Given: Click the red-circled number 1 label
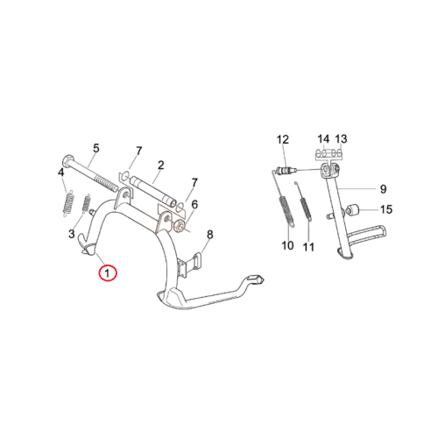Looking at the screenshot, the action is click(x=108, y=273).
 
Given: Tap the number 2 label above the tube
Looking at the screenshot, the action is click(x=161, y=166).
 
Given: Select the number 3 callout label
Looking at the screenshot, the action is click(x=72, y=234).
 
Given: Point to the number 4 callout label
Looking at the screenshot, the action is click(x=60, y=173).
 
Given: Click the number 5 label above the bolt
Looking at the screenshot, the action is click(x=96, y=148).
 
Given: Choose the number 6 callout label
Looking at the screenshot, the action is click(x=194, y=204).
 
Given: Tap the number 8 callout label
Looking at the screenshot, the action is click(x=210, y=234).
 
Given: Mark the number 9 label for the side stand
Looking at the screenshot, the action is click(x=383, y=189).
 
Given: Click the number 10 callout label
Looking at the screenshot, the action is click(x=287, y=245).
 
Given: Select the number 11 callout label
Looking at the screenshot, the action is click(x=308, y=247).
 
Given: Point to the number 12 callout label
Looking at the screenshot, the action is click(x=283, y=139).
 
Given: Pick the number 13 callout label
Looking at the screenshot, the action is click(x=341, y=139).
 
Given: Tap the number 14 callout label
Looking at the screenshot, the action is click(x=323, y=139).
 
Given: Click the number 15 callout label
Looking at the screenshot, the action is click(x=386, y=209).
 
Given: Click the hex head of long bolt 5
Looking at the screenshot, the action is click(x=67, y=161).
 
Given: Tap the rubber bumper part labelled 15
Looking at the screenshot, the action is click(x=352, y=210).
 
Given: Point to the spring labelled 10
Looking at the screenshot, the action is click(x=286, y=211).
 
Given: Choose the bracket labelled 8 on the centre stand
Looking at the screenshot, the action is click(x=190, y=265).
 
